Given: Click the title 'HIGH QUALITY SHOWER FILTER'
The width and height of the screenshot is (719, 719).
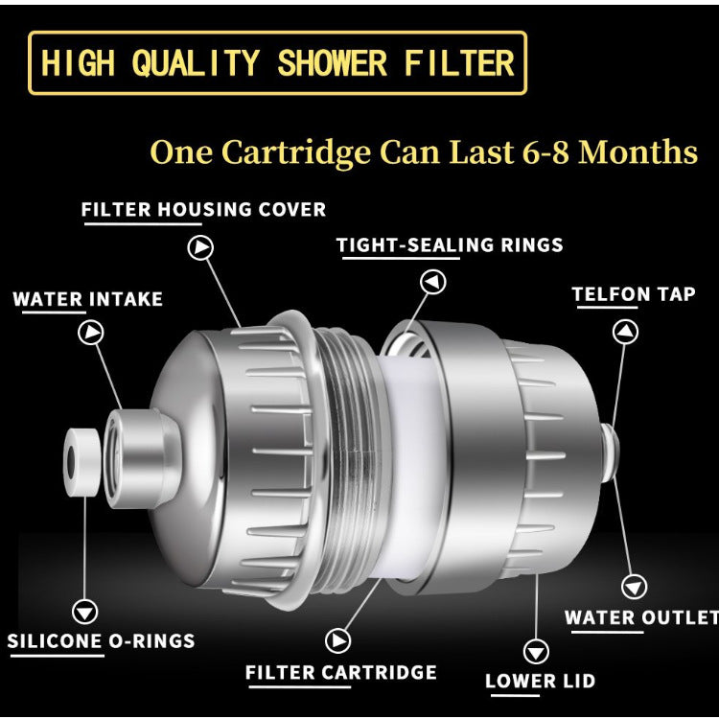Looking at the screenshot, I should [277, 63].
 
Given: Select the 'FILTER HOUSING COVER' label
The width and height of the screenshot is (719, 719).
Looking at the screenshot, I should [203, 209].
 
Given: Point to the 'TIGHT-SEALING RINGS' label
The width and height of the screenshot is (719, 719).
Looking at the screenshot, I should [450, 244].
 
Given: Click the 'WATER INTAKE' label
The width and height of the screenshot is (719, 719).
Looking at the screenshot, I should [87, 299].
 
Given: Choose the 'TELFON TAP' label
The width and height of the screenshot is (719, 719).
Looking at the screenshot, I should [633, 294].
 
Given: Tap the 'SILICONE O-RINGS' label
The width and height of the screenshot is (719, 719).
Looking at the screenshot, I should [102, 641].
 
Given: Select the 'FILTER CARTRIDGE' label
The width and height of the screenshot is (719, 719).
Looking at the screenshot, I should [340, 672].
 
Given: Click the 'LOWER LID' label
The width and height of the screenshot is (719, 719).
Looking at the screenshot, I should [540, 682].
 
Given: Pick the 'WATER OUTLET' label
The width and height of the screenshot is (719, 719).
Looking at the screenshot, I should [640, 617].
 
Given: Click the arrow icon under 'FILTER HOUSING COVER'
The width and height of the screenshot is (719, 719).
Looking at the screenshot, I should [201, 247].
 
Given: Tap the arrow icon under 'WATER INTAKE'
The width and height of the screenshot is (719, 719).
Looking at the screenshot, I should [91, 333].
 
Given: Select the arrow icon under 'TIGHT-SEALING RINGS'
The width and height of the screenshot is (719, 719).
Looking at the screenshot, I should [433, 282].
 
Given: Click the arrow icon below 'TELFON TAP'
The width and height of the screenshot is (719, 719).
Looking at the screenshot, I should [625, 332].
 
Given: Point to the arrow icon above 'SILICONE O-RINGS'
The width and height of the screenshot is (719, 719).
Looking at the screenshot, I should [86, 611].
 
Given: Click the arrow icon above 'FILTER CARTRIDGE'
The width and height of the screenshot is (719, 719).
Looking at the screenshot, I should [337, 640].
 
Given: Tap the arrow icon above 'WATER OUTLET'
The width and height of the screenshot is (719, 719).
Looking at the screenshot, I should [635, 586].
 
